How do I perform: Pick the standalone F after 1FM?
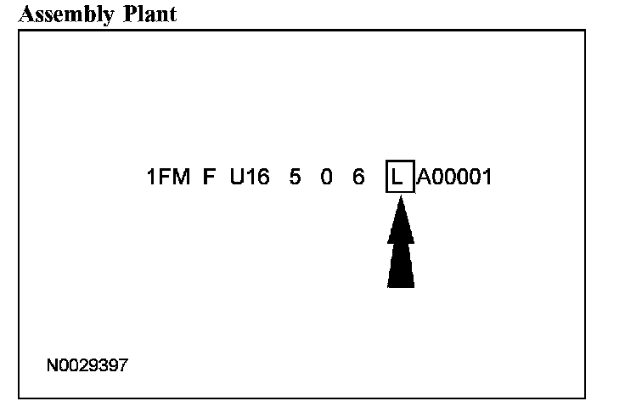coord(209,178)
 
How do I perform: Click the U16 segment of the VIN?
coord(251,178)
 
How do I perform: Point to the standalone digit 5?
coord(295,178)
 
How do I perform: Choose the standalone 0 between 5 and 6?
coord(327,178)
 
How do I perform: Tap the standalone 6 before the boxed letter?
coord(358,178)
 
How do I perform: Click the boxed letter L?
coord(400,178)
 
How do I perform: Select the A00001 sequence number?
coord(454,178)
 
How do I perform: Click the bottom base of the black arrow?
coord(401,285)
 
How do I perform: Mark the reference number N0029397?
coord(87,365)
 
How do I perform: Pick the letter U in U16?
coord(237,178)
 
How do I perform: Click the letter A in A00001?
coord(424,178)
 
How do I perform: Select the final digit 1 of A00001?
coord(487,178)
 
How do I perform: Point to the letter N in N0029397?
coord(52,365)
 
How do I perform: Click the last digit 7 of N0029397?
coord(124,365)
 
